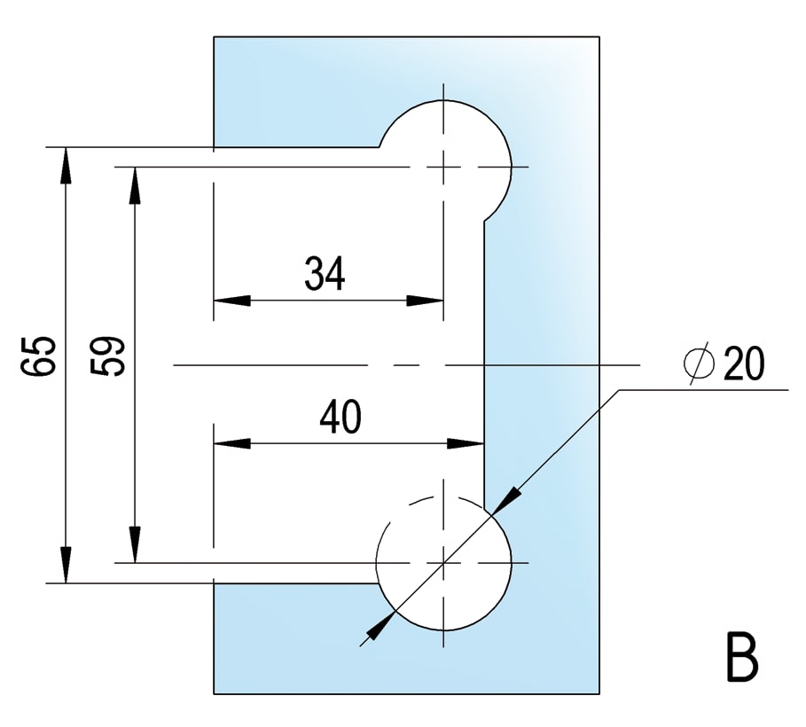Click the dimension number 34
click(325, 273)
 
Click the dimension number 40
click(340, 417)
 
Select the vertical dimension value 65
click(37, 356)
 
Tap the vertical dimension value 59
click(107, 356)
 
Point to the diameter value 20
click(744, 363)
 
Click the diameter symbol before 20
click(699, 363)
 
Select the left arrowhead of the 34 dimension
click(231, 301)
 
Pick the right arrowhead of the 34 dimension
click(425, 301)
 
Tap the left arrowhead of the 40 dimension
click(231, 443)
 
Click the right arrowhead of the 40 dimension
click(466, 443)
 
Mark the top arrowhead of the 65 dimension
click(66, 166)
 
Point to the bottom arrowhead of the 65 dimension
click(66, 565)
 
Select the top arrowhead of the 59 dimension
click(135, 185)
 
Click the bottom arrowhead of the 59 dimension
click(135, 544)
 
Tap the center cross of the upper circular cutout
click(443, 167)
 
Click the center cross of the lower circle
click(443, 563)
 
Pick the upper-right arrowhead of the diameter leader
click(508, 499)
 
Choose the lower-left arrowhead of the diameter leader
click(380, 626)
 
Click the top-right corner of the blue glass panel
click(599, 36)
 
